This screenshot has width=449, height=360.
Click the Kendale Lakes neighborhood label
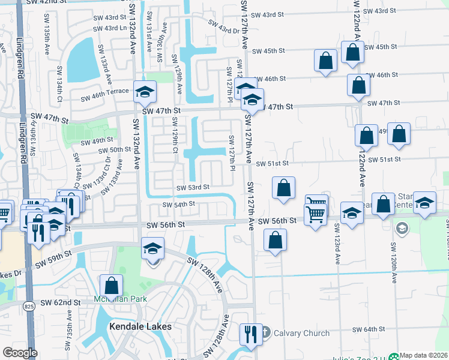pos(140,326)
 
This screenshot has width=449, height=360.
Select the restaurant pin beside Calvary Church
pos(250,335)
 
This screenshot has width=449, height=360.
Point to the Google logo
pos(20,353)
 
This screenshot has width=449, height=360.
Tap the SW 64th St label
pos(367,329)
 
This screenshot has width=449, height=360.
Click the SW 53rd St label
pos(193,187)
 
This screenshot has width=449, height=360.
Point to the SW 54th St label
pos(179,204)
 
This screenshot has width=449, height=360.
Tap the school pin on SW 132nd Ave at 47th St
pos(145,92)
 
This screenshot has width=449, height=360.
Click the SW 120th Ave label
pos(394,263)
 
